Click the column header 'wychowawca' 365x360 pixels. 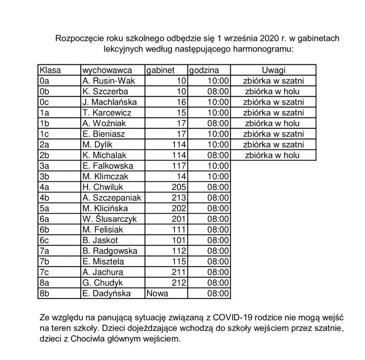[107, 70]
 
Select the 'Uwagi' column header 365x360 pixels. [273, 70]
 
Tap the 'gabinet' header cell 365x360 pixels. [160, 70]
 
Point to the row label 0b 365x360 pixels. [44, 91]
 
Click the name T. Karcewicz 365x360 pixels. [107, 113]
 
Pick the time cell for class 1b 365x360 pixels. [218, 123]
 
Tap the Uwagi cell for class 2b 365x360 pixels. [273, 155]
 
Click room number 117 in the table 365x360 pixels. [179, 166]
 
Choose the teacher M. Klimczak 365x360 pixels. [105, 177]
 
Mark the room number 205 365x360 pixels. [179, 187]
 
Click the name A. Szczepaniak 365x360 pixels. [112, 198]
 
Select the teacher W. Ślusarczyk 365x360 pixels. [109, 219]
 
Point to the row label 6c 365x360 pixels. [44, 240]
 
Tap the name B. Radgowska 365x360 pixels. [110, 251]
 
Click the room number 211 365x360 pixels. [179, 272]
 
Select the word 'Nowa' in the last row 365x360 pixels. [157, 293]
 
